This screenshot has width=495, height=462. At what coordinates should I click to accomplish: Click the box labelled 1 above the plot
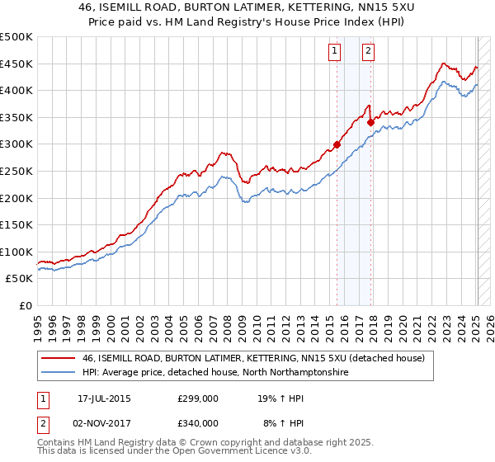click(335, 50)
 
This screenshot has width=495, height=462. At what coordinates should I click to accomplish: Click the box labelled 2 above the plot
click(368, 50)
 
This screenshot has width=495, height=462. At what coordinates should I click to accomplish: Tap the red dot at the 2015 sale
click(337, 145)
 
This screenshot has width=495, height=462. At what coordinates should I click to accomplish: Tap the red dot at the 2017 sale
click(370, 123)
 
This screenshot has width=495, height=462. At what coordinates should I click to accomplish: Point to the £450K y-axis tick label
click(16, 64)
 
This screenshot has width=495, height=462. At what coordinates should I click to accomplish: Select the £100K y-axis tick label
click(16, 252)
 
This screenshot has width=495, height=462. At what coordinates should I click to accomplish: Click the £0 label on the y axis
click(25, 305)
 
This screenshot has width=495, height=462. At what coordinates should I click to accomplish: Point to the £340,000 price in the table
click(198, 423)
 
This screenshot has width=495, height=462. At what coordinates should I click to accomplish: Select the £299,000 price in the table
click(198, 398)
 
